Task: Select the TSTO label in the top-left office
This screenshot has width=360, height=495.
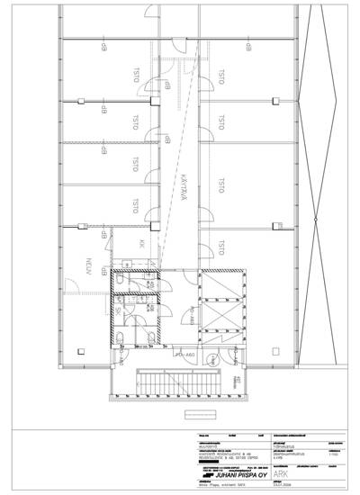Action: pyautogui.click(x=136, y=78)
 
